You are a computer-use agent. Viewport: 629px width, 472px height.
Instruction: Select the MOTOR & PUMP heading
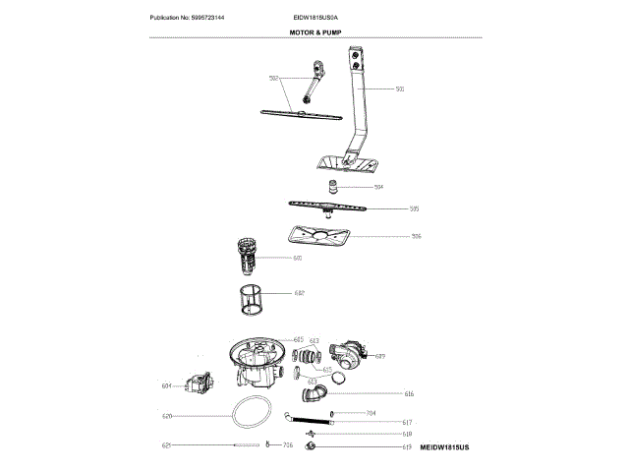tap(314, 31)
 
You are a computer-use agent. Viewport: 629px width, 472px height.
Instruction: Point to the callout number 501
tap(400, 89)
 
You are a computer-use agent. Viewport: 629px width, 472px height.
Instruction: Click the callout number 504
tap(378, 186)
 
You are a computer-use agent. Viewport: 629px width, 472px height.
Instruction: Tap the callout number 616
tap(409, 394)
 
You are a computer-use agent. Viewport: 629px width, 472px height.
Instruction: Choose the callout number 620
tap(167, 417)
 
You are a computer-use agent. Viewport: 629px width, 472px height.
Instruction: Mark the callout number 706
tap(287, 446)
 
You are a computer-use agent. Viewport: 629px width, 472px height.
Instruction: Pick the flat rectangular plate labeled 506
tap(316, 237)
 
